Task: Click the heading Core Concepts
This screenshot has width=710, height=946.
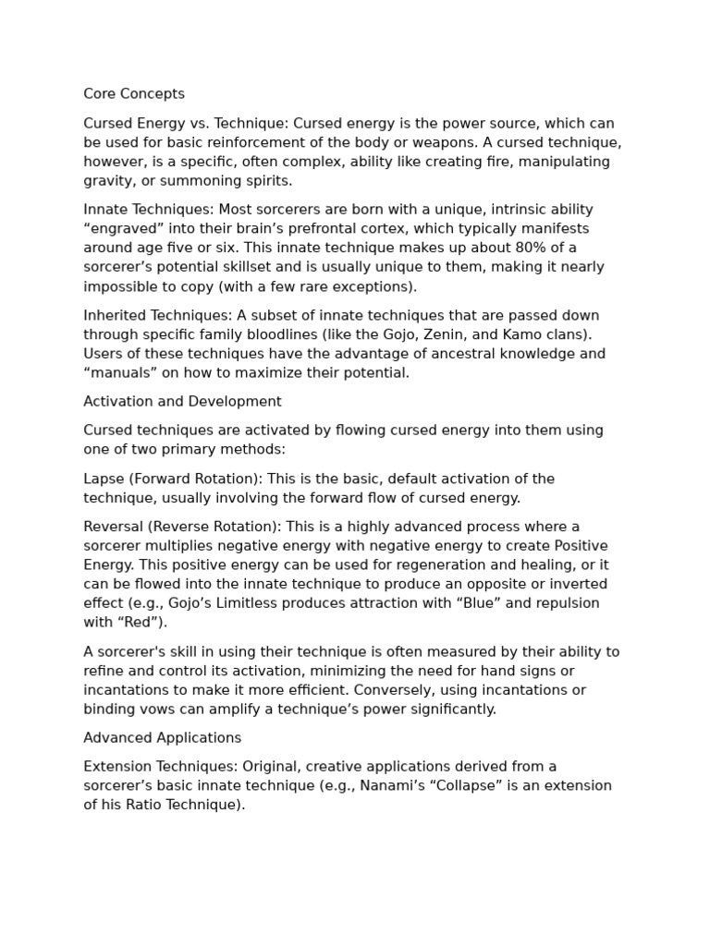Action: click(134, 94)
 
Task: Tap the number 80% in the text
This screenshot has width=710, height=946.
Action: click(525, 248)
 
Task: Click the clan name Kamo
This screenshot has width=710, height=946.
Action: click(522, 334)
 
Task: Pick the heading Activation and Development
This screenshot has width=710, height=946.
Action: click(182, 402)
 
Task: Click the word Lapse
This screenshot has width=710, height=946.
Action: click(104, 479)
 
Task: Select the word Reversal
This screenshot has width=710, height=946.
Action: click(112, 527)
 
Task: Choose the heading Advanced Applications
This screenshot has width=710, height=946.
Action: click(162, 738)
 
